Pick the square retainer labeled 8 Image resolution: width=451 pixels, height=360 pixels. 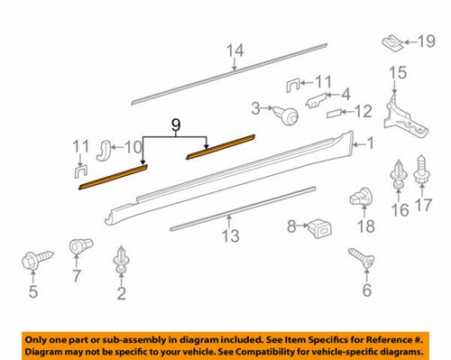318,226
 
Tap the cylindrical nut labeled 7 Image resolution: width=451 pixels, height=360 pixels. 78,246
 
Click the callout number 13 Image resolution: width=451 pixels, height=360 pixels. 231,236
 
